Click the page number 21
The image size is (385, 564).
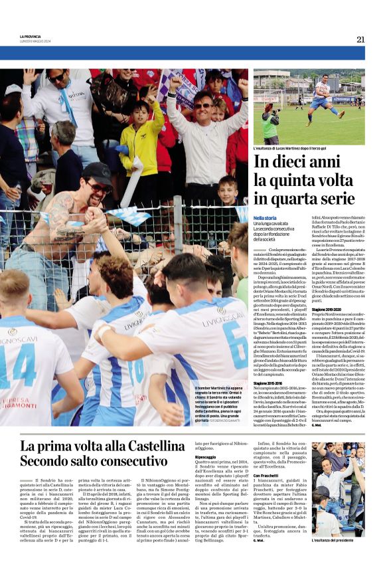(x=360, y=39)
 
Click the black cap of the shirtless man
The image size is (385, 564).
(x=98, y=175)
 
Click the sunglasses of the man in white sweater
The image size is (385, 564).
(x=202, y=106)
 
